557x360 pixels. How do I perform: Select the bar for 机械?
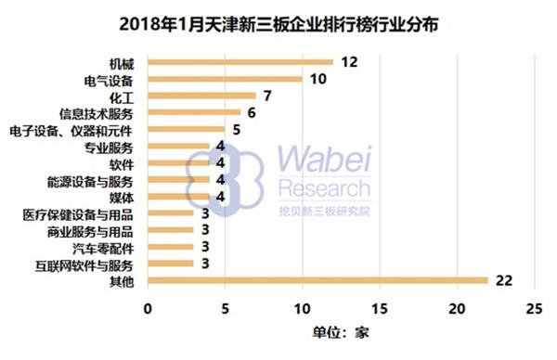240,62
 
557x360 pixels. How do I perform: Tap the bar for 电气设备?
224,79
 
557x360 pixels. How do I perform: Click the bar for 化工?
201,96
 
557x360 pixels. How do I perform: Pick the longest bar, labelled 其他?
317,280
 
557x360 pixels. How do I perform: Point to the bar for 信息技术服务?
193,112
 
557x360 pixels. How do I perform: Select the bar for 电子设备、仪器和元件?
186,129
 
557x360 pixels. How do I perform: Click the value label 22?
503,280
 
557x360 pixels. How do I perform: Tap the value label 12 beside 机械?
349,62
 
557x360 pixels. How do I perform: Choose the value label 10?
318,79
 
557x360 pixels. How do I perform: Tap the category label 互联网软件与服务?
93,264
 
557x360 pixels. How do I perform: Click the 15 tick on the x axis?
379,307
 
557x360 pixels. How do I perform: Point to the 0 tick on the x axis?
147,307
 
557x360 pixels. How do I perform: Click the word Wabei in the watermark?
325,161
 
